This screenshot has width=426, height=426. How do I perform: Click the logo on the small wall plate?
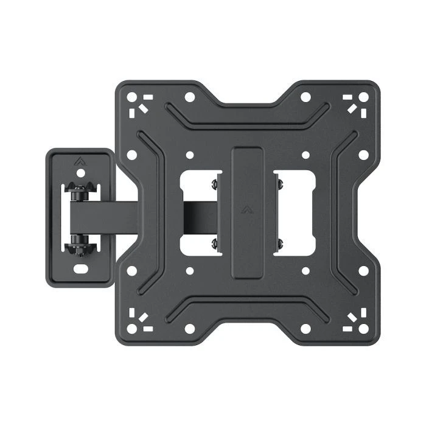pyautogui.click(x=80, y=162)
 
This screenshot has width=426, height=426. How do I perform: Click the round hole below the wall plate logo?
pyautogui.click(x=80, y=173)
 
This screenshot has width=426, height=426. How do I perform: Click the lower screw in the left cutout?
pyautogui.click(x=214, y=244)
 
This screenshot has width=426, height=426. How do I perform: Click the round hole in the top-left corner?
pyautogui.click(x=130, y=96)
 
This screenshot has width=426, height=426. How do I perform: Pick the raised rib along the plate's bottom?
pyautogui.click(x=247, y=307)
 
